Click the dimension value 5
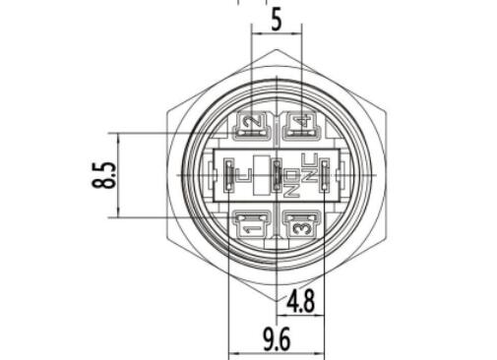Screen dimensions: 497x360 (x=277, y=20)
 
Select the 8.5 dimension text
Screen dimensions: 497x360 (x=104, y=175)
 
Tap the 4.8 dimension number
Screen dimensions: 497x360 (x=301, y=301)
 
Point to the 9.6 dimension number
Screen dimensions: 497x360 (x=277, y=339)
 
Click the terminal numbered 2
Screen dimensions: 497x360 (x=253, y=126)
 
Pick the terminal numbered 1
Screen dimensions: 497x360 (x=253, y=224)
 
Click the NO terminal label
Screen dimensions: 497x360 (x=291, y=183)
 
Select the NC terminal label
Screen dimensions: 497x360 (x=309, y=167)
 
